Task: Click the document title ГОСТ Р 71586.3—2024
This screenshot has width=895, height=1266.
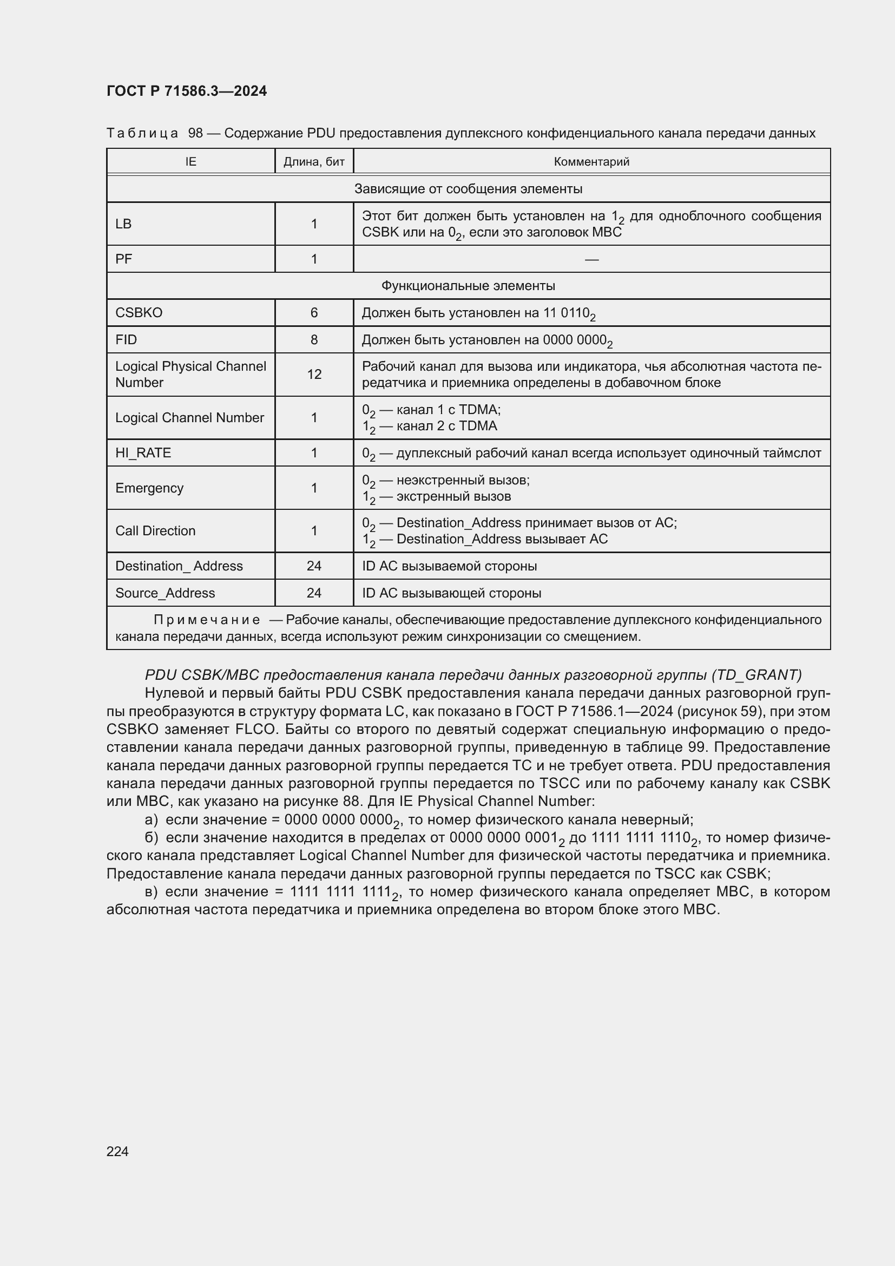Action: tap(186, 91)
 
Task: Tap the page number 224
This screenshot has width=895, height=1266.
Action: tap(117, 1151)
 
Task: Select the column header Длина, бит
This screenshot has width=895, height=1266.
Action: tap(314, 161)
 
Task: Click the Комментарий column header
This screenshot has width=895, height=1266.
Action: tap(591, 161)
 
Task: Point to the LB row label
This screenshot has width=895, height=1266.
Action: tap(123, 224)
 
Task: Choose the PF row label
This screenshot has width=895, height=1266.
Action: tap(123, 259)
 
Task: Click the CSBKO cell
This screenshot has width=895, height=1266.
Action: tap(139, 313)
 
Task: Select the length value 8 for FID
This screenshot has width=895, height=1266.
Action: tap(314, 340)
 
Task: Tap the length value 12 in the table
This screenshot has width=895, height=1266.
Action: tap(314, 375)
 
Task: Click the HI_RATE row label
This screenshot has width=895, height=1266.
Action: tap(143, 452)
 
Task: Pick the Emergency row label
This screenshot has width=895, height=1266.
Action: tap(149, 488)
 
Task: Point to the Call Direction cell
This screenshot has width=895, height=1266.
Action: tap(155, 530)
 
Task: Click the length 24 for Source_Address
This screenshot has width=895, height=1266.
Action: tap(314, 593)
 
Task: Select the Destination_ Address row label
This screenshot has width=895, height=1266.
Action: tap(179, 566)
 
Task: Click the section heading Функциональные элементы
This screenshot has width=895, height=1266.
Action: tap(468, 286)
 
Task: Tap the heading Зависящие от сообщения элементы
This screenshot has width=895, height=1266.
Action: tap(468, 188)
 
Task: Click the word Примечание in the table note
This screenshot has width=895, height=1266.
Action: tap(207, 620)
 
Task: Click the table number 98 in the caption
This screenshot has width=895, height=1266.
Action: tap(195, 133)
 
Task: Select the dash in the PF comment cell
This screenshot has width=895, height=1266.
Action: tap(591, 259)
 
